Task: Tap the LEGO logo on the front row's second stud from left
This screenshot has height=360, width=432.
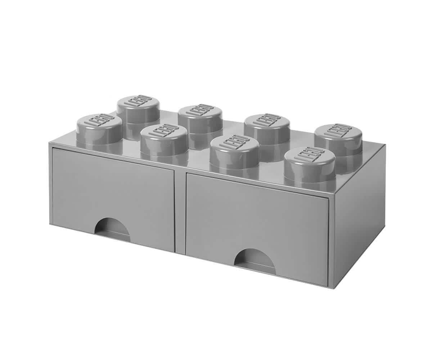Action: tap(164, 132)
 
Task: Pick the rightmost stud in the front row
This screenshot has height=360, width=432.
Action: tap(309, 162)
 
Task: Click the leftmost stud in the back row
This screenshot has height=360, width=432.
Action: tap(138, 112)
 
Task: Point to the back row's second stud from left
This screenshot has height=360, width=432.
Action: tap(200, 121)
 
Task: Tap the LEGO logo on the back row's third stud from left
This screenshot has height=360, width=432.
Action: tap(267, 121)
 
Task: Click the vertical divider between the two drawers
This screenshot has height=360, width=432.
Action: tap(180, 212)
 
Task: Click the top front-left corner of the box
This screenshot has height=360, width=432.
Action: tap(49, 143)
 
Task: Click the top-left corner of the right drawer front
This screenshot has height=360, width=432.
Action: tap(186, 175)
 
